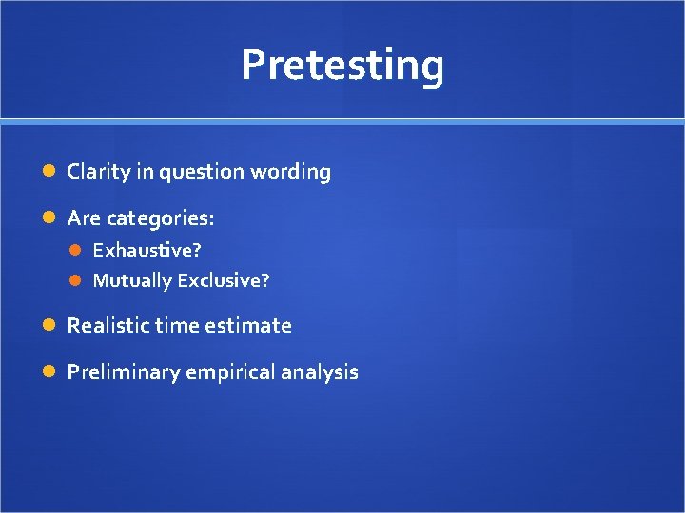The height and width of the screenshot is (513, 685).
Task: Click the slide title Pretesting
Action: pos(342,66)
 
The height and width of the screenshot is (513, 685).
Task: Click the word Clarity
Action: pos(97,172)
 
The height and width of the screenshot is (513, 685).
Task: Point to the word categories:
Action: pos(160,218)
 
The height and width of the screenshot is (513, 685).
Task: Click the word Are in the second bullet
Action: pos(84,218)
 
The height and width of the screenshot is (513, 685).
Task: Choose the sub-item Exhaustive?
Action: pos(147,250)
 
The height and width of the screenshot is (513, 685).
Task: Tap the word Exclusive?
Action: pos(223,280)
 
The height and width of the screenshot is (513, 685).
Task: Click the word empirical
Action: pos(228,371)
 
